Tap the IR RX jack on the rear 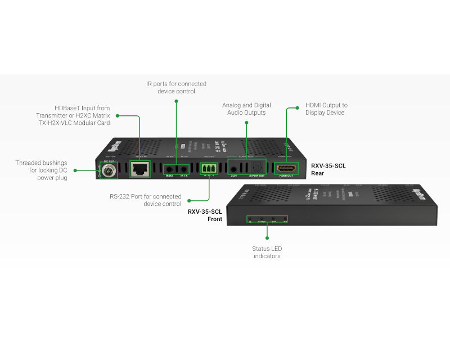169,169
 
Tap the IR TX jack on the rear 183,169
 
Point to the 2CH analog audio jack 233,168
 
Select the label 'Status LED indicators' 266,252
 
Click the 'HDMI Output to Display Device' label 326,109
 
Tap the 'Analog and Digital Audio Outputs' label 246,109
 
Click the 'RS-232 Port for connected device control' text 146,200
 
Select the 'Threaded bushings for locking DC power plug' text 42,170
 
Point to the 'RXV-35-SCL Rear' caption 328,169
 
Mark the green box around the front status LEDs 267,218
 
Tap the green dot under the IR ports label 176,101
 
